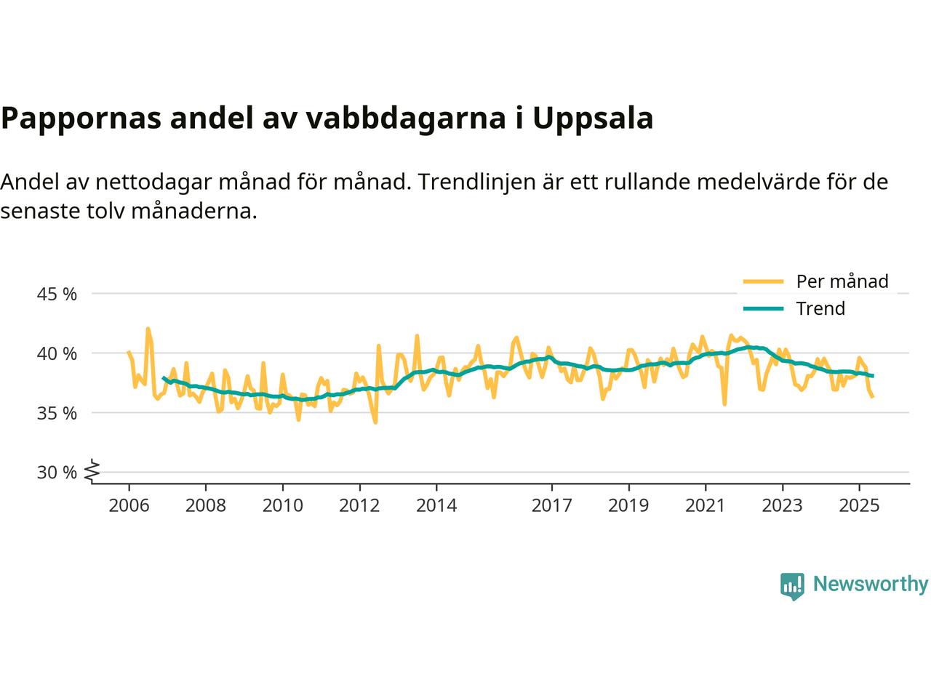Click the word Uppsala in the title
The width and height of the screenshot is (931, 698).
point(593,119)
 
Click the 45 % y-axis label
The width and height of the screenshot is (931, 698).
point(57,294)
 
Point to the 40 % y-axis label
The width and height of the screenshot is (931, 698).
point(57,354)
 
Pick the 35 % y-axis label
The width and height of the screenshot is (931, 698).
point(57,413)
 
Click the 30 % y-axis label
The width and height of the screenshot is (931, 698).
point(57,473)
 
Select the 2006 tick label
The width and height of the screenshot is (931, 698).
point(129,505)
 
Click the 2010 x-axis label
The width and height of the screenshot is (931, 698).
point(282,505)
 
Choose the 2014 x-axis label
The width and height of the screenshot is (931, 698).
point(436,505)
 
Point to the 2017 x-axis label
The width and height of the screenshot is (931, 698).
point(551,505)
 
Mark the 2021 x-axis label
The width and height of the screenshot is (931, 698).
point(705,505)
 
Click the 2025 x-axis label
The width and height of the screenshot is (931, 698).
point(859,505)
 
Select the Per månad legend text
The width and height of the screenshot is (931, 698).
point(842,281)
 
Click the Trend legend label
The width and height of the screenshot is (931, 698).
point(820,308)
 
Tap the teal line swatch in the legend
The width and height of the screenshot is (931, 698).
point(763,308)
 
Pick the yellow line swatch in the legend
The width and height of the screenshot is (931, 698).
point(763,281)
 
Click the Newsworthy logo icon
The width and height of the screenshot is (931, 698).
point(792,585)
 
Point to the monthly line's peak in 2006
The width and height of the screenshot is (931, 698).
point(148,329)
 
